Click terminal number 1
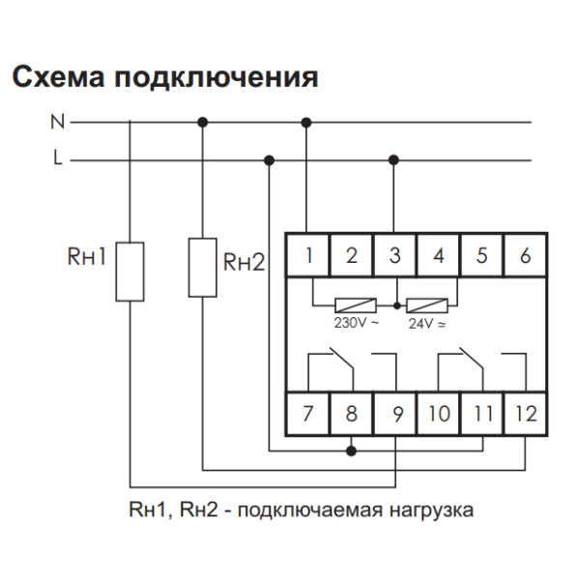pyautogui.click(x=308, y=256)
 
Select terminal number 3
pyautogui.click(x=395, y=256)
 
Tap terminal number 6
pyautogui.click(x=525, y=256)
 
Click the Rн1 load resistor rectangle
pyautogui.click(x=130, y=272)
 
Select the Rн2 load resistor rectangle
pyautogui.click(x=202, y=266)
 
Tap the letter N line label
pyautogui.click(x=56, y=123)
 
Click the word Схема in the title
pyautogui.click(x=59, y=76)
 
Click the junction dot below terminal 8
pyautogui.click(x=352, y=449)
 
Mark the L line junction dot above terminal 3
pyautogui.click(x=393, y=159)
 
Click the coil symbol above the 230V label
pyautogui.click(x=356, y=302)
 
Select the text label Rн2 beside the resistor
pyautogui.click(x=244, y=262)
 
